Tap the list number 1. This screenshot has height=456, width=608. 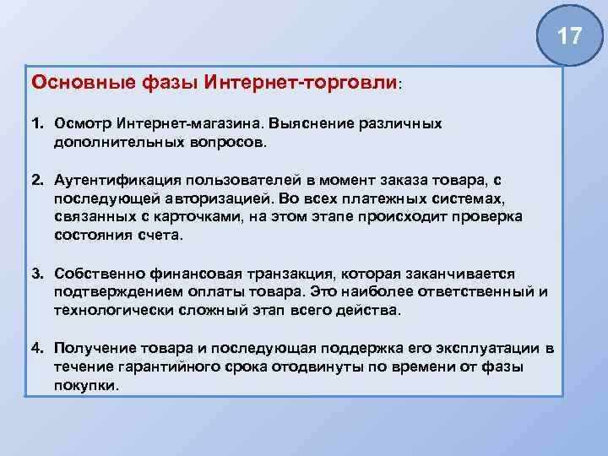coord(37,124)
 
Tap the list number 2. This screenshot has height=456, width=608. coord(37,182)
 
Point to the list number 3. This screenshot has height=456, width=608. coord(37,274)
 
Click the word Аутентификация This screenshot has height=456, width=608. coord(111,182)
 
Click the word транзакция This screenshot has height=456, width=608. coord(304,274)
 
